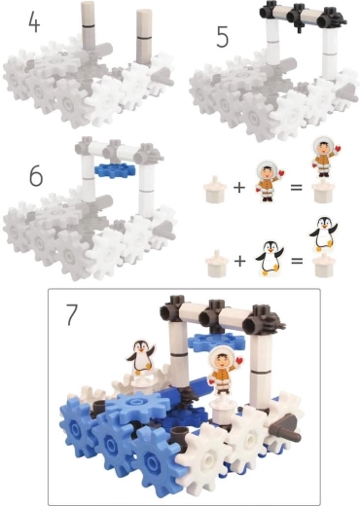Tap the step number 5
(222, 37)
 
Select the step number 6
(36, 176)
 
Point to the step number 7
(72, 314)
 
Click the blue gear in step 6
(115, 170)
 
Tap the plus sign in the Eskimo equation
(239, 187)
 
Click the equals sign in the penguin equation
(297, 260)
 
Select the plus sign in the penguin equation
(239, 261)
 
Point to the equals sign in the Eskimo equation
(296, 187)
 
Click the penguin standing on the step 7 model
(140, 356)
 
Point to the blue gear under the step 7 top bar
(216, 343)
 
